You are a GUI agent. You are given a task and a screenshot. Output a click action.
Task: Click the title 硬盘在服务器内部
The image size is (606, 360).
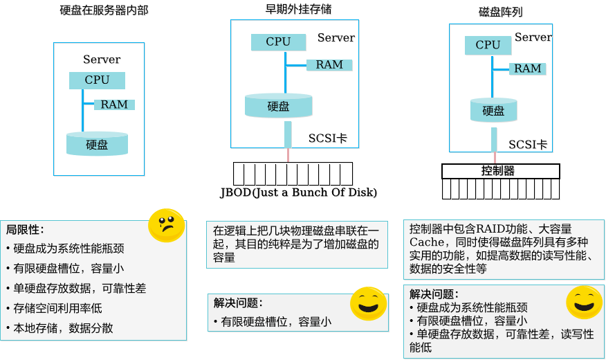pyautogui.click(x=104, y=10)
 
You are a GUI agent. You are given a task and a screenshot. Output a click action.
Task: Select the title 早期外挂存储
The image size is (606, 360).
pyautogui.click(x=298, y=9)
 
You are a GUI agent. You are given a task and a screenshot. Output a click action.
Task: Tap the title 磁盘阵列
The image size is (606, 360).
pyautogui.click(x=500, y=12)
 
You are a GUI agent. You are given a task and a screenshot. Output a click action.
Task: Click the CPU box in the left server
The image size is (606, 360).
pyautogui.click(x=97, y=80)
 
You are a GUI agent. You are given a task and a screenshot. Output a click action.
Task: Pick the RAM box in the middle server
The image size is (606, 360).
pyautogui.click(x=329, y=65)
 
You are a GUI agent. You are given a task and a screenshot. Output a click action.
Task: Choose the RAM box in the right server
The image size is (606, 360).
pyautogui.click(x=528, y=69)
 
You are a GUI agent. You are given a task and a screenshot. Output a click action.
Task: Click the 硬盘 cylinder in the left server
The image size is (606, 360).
pyautogui.click(x=97, y=144)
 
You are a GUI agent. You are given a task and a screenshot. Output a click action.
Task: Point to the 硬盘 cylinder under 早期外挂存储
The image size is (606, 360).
pyautogui.click(x=278, y=105)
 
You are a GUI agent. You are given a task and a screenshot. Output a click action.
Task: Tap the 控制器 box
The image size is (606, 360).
pyautogui.click(x=500, y=171)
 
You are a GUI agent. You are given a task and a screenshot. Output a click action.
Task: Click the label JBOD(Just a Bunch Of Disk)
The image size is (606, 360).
pyautogui.click(x=298, y=192)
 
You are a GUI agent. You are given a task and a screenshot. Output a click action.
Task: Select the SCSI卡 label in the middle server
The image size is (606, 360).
pyautogui.click(x=328, y=138)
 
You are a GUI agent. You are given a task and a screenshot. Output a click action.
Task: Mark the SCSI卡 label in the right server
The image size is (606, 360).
pyautogui.click(x=528, y=145)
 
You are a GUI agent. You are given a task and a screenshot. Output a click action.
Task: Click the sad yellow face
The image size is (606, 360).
pyautogui.click(x=167, y=226)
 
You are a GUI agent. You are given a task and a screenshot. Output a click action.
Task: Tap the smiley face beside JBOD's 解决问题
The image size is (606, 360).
pyautogui.click(x=368, y=303)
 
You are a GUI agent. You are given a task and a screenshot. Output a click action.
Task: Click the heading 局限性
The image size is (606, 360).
pyautogui.click(x=25, y=230)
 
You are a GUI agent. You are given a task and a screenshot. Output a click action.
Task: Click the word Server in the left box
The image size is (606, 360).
pyautogui.click(x=102, y=60)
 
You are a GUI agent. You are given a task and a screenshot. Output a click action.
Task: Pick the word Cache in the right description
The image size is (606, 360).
pyautogui.click(x=427, y=242)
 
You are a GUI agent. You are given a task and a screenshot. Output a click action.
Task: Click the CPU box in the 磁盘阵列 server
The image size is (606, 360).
pyautogui.click(x=488, y=45)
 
